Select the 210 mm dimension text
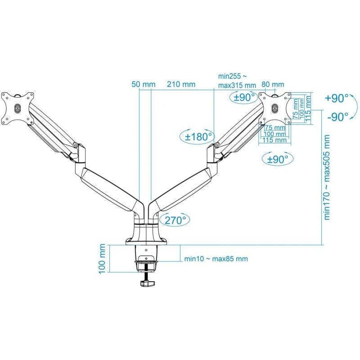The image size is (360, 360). click(181, 84)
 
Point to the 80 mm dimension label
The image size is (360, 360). click(273, 84)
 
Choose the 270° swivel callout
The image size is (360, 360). click(175, 220)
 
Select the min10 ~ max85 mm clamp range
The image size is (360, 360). click(216, 259)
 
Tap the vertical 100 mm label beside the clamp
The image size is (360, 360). click(102, 258)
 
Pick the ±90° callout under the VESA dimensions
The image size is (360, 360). click(277, 159)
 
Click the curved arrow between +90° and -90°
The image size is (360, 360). click(354, 107)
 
